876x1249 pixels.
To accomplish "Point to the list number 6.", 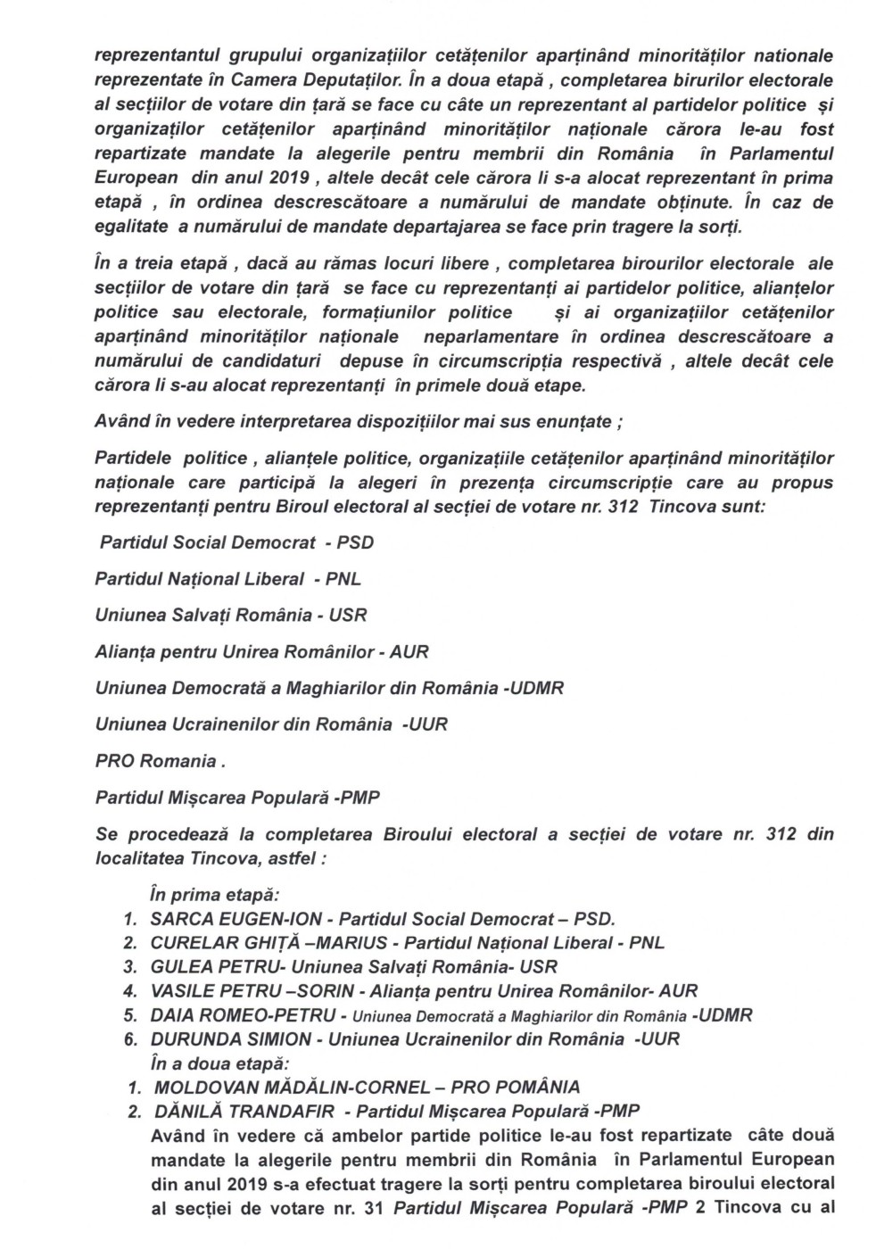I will tap(130, 1038).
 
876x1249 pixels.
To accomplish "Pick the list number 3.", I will tap(130, 967).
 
